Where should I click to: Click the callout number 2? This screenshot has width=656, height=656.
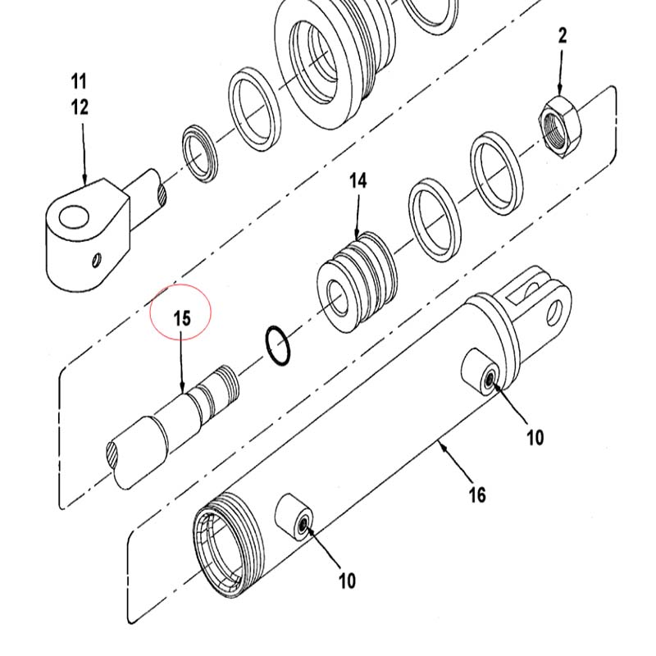[563, 36]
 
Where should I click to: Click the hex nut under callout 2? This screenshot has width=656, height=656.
[559, 126]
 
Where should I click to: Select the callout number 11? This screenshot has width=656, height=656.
[79, 81]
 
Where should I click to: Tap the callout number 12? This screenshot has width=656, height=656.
[80, 107]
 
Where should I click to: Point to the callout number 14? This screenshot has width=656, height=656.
[358, 181]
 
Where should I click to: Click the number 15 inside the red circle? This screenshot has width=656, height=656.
[181, 318]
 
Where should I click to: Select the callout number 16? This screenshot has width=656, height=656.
[477, 495]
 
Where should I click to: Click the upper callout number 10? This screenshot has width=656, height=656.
[535, 438]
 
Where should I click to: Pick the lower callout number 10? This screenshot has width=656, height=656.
[347, 581]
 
